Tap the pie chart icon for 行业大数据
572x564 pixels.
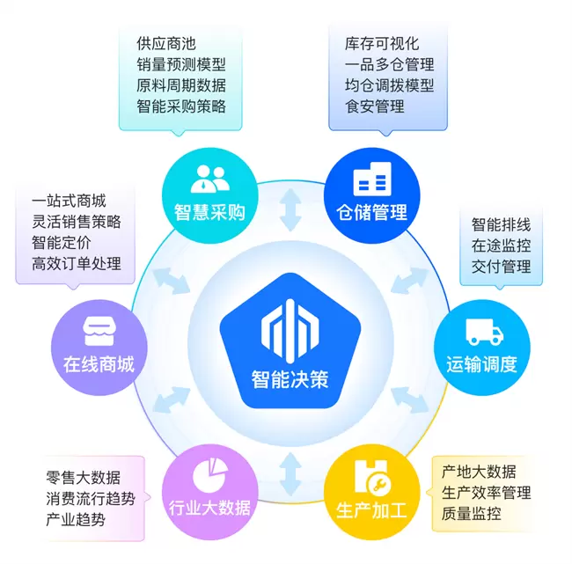[x=209, y=476]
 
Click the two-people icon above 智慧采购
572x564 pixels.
[x=209, y=179]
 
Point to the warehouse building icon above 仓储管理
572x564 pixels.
[x=372, y=179]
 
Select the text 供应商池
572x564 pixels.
[x=166, y=43]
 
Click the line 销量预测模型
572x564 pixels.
[x=181, y=64]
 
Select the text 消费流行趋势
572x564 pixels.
[x=91, y=499]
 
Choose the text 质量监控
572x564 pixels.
[x=472, y=514]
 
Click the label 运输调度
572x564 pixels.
[x=481, y=363]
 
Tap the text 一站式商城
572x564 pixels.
[x=69, y=201]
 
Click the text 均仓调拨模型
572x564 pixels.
[x=390, y=85]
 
